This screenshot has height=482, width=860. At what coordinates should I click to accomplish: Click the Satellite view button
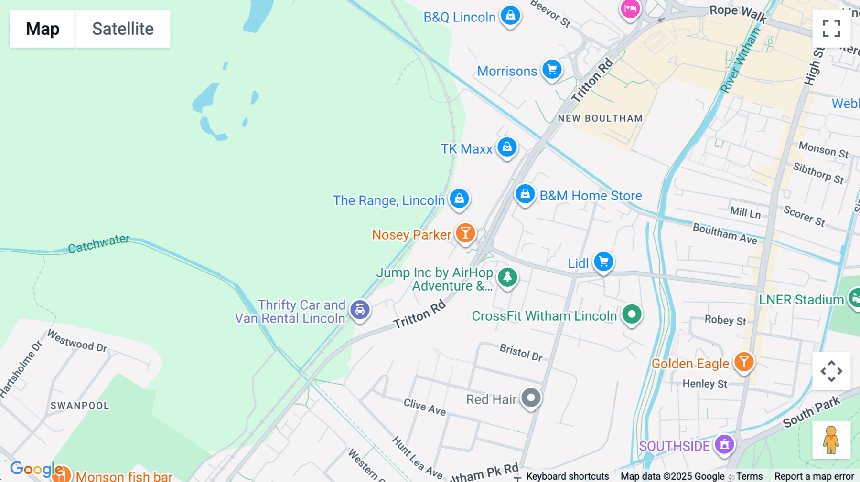tap(123, 29)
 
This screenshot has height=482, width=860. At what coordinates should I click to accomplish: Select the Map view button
tap(43, 29)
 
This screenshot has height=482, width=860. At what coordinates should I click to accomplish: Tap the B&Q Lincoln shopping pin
tap(510, 15)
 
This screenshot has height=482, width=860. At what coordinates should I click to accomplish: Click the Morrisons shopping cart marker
tap(552, 70)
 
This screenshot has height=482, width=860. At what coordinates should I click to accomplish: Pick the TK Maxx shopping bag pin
tap(507, 147)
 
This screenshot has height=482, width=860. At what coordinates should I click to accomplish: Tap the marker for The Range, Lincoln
tap(460, 199)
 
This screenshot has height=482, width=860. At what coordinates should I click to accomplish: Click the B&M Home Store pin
tap(525, 194)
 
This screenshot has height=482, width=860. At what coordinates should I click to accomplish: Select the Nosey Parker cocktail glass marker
tap(465, 233)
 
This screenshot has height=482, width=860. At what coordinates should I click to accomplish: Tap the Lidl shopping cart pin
tap(603, 262)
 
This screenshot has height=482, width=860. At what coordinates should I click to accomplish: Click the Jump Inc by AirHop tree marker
tap(507, 277)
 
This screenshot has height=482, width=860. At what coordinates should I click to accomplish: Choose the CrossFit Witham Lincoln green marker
tap(632, 314)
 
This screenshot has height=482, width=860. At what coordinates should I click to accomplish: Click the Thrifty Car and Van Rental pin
tap(360, 310)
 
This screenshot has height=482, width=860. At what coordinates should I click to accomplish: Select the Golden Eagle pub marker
tap(743, 362)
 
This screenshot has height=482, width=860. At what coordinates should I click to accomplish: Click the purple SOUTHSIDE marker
tap(724, 444)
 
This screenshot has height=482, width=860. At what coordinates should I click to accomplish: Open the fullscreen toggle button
tap(831, 29)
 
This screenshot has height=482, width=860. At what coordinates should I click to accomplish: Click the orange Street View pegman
tap(831, 440)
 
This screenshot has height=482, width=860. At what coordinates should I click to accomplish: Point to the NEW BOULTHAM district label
tap(600, 118)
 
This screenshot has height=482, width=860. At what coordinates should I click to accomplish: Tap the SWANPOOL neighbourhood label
tap(80, 406)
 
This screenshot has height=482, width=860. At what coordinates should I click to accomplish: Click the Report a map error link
tap(814, 476)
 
